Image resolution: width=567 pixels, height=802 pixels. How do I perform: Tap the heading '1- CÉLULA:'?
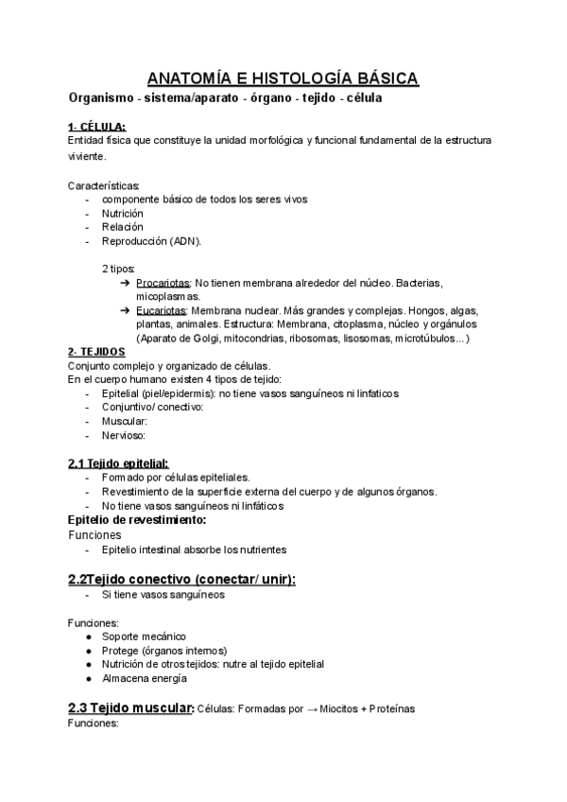pyautogui.click(x=96, y=127)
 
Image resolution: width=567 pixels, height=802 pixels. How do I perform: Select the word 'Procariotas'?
pyautogui.click(x=163, y=283)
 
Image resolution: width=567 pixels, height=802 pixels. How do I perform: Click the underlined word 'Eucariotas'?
pyautogui.click(x=162, y=310)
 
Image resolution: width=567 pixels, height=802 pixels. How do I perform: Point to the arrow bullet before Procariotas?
pyautogui.click(x=126, y=283)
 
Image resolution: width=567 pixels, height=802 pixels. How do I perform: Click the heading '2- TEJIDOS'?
pyautogui.click(x=96, y=352)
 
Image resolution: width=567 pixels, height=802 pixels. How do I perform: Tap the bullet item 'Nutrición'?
pyautogui.click(x=123, y=213)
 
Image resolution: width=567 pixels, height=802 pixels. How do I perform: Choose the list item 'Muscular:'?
pyautogui.click(x=125, y=421)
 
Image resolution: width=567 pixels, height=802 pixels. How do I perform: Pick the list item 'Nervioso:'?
pyautogui.click(x=125, y=435)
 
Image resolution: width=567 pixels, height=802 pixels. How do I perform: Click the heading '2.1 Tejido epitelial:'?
pyautogui.click(x=118, y=463)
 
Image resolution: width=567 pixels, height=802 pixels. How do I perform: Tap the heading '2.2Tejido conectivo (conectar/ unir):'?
pyautogui.click(x=181, y=579)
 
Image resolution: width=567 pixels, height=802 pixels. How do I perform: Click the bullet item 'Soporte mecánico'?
pyautogui.click(x=144, y=636)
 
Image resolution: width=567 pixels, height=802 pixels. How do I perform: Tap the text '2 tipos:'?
pyautogui.click(x=119, y=269)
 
